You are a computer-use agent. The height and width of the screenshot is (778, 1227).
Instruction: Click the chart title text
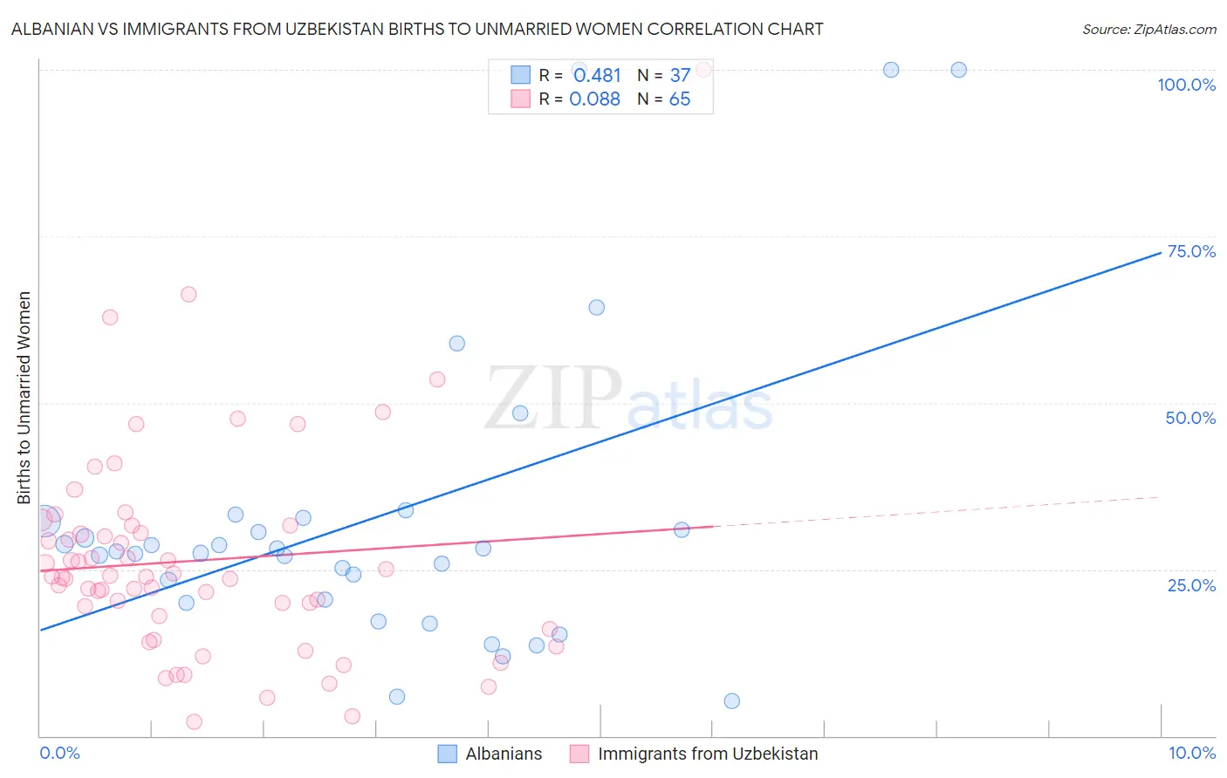pos(417,30)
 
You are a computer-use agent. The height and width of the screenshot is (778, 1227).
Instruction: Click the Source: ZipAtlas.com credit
pos(1148,30)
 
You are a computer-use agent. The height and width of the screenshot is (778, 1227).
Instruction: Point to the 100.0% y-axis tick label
pos(1186,85)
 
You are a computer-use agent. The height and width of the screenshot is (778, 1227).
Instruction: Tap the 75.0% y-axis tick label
pos(1191,251)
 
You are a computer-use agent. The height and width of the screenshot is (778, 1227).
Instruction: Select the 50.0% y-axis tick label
pos(1190,418)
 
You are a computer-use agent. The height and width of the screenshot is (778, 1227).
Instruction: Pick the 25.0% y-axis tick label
pos(1191,585)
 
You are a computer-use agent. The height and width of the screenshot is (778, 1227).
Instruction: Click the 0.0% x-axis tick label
pos(59,753)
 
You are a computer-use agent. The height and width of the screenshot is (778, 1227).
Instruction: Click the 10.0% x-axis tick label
pos(1191,753)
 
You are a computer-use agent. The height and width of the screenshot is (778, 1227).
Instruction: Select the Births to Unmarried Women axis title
pos(24,397)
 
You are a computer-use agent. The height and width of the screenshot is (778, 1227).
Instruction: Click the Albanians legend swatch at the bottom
pos(448,754)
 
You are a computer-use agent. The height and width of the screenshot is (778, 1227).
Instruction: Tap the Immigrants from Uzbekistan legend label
pos(707,754)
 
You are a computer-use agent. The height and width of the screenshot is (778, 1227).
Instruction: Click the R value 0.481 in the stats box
pos(597,76)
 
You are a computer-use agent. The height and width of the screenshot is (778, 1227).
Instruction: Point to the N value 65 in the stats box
pos(679,99)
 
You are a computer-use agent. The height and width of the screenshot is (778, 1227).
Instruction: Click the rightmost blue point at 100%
pos(958,70)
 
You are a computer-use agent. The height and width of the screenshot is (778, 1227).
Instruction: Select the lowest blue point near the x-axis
pos(731,701)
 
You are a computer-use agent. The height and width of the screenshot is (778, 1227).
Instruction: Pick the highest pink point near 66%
pos(189,295)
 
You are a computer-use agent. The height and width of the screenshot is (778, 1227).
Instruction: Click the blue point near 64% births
pos(596,307)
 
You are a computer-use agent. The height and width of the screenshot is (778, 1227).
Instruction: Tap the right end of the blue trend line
pos(1159,253)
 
